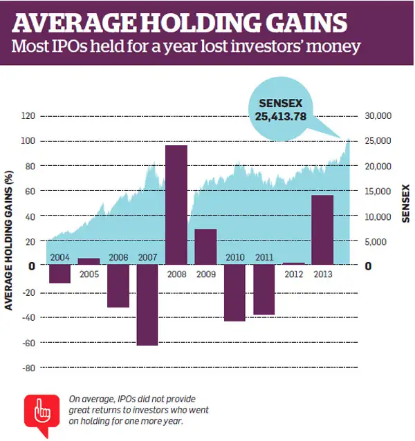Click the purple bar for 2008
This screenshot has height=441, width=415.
click(176, 205)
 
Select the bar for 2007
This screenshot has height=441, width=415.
click(147, 305)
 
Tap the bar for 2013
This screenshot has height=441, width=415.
click(322, 229)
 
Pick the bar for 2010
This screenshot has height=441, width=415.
click(234, 292)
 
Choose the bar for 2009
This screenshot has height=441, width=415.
click(205, 246)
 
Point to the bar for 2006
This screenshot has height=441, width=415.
click(118, 285)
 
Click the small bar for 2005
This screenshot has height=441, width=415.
click(89, 261)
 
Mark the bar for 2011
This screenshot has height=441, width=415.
click(264, 289)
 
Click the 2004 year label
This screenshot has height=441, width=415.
click(59, 258)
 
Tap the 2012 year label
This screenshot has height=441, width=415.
click(294, 274)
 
